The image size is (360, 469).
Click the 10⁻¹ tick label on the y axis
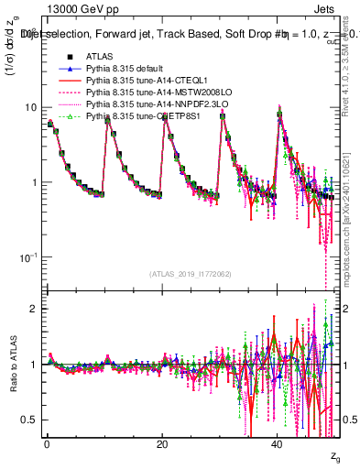[27, 256]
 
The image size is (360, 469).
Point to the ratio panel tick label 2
[34, 309]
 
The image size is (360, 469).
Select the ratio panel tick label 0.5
[29, 420]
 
